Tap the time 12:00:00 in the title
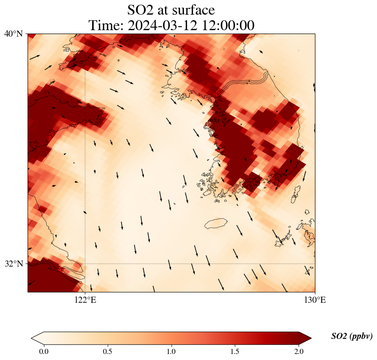tap(227, 25)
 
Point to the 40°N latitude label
tap(13, 34)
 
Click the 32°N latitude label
tap(13, 264)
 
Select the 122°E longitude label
tap(85, 300)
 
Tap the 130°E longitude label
tap(315, 300)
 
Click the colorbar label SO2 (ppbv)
tap(352, 336)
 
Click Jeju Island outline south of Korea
tap(215, 224)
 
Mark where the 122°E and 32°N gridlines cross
tap(85, 264)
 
